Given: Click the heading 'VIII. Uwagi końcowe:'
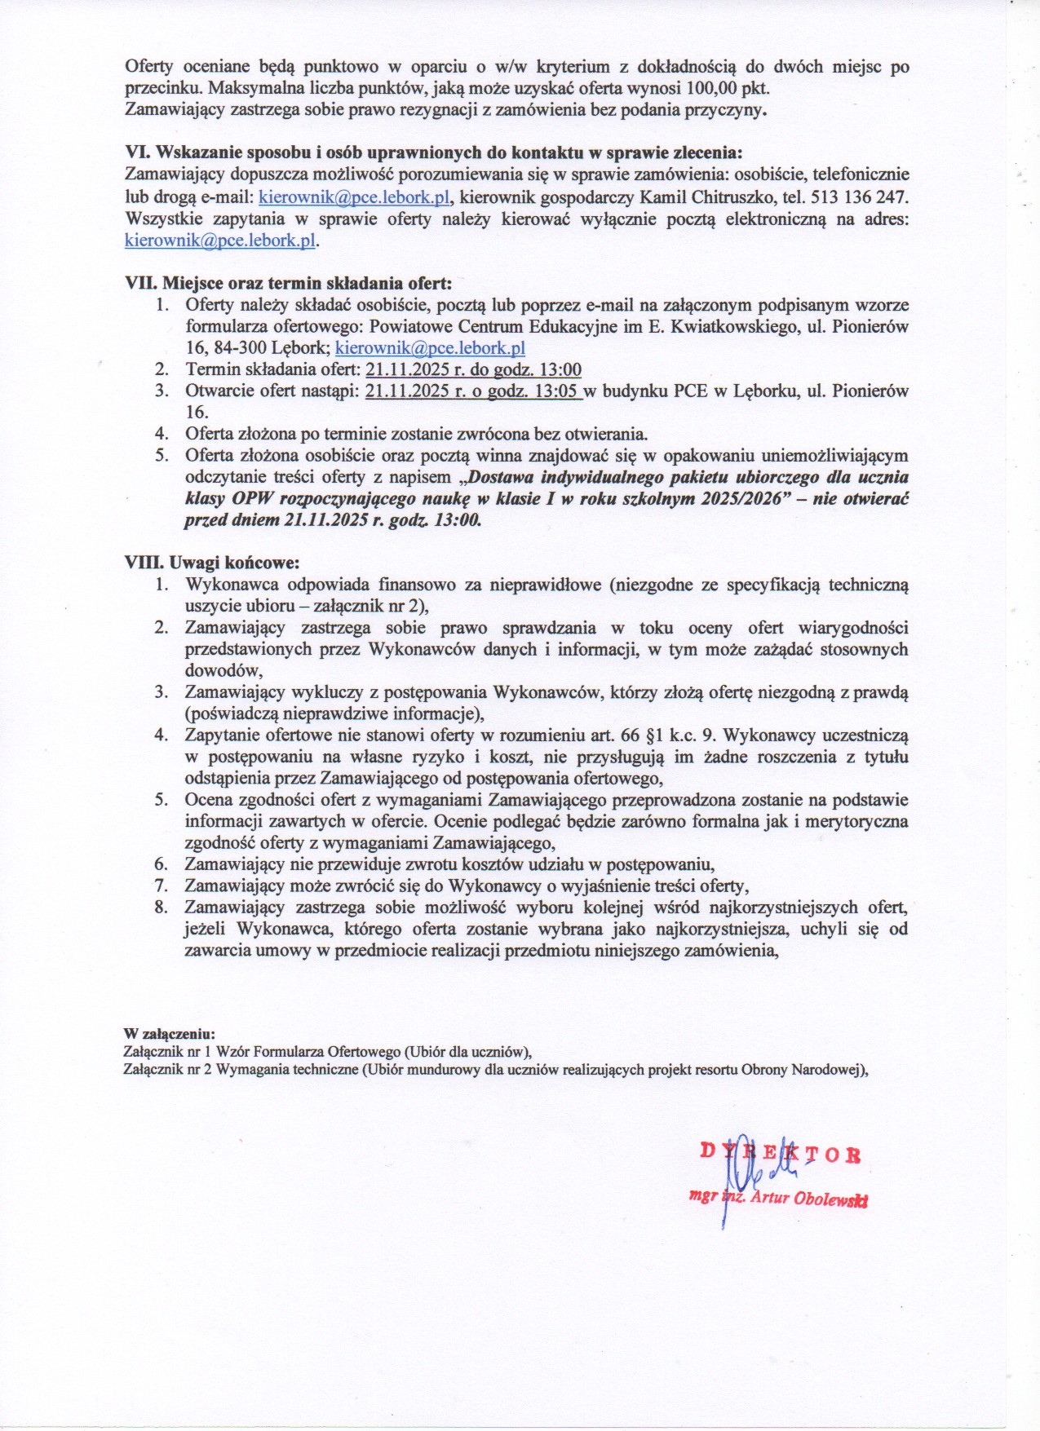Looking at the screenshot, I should pyautogui.click(x=212, y=563).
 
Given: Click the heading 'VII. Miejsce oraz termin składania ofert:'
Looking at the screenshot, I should pyautogui.click(x=287, y=283).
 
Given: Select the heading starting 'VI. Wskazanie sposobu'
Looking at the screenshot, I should pyautogui.click(x=433, y=152).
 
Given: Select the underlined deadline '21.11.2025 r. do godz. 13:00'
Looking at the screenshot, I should pyautogui.click(x=473, y=369).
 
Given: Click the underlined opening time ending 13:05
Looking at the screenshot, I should pyautogui.click(x=473, y=391).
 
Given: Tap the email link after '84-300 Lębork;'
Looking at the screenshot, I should pyautogui.click(x=430, y=348).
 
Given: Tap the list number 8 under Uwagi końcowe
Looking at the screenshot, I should pyautogui.click(x=162, y=908).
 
